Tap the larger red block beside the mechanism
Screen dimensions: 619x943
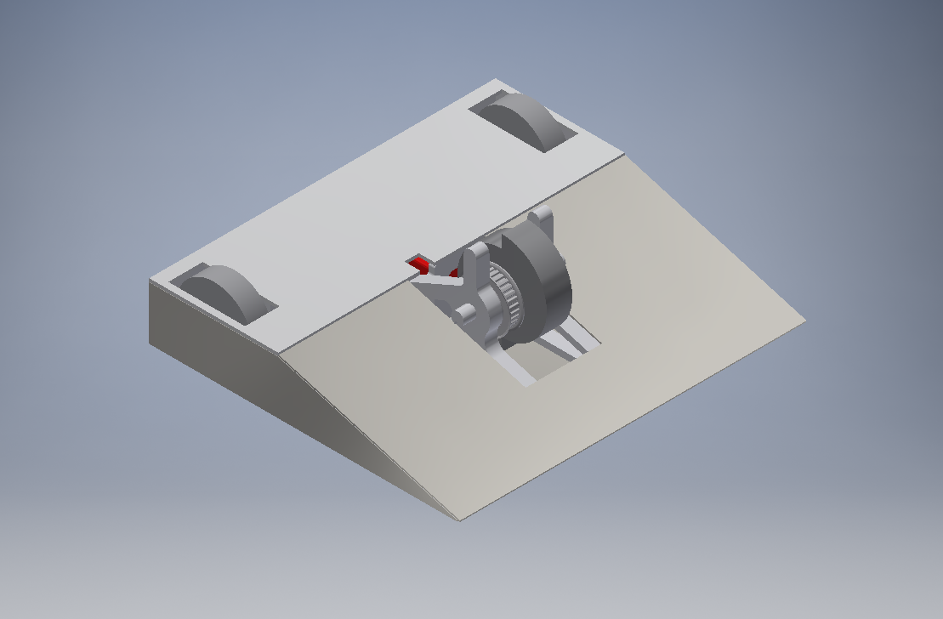click(418, 265)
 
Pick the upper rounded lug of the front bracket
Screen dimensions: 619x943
click(478, 253)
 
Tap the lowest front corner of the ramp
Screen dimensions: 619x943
click(460, 520)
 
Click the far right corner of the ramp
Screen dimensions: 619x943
click(804, 321)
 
